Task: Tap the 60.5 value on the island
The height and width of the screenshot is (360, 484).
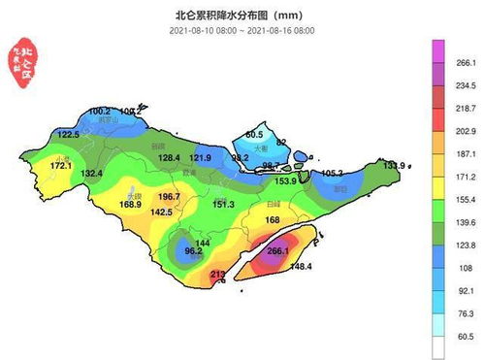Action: coord(254,134)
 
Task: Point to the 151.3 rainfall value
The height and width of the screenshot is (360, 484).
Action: coord(223,204)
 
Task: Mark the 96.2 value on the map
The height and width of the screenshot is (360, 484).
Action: coord(193,251)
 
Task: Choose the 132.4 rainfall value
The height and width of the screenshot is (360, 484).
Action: coord(91,173)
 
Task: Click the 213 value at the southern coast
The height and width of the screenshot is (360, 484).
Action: coord(217,275)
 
